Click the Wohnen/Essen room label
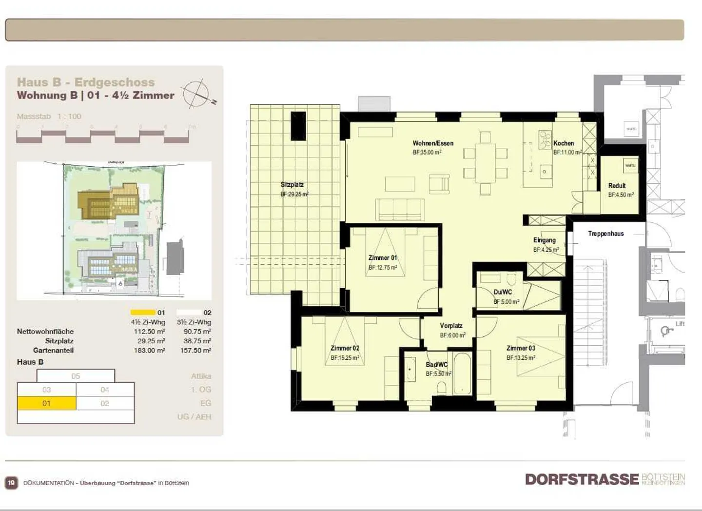433,143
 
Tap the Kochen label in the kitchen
564,143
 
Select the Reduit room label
617,186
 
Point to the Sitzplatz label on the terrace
292,185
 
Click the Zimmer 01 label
383,258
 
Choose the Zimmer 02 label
345,348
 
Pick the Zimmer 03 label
521,348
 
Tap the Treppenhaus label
605,234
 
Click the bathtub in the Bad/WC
462,373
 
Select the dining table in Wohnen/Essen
486,163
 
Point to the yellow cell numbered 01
46,403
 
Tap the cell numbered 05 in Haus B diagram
76,376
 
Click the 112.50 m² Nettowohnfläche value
149,332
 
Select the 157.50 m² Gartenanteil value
195,351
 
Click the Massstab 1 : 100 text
49,117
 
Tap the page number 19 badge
11,483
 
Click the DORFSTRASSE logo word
582,479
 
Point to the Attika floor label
201,376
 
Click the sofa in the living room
399,210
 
